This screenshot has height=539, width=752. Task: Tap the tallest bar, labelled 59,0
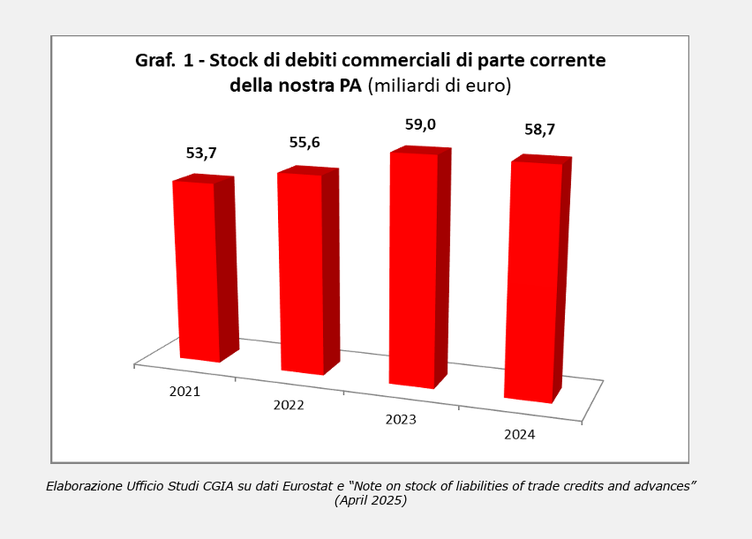point(413,269)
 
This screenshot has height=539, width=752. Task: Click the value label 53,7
point(201,153)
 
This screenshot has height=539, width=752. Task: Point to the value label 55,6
point(305,142)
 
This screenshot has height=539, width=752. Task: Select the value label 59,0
point(420,124)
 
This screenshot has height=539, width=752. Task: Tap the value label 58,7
point(540,130)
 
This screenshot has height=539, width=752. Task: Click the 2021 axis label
point(184,391)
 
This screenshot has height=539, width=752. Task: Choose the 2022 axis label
point(289,405)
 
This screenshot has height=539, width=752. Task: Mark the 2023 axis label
point(401,419)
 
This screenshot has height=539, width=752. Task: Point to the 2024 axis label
point(519,434)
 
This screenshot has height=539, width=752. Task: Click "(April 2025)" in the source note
point(371,500)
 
